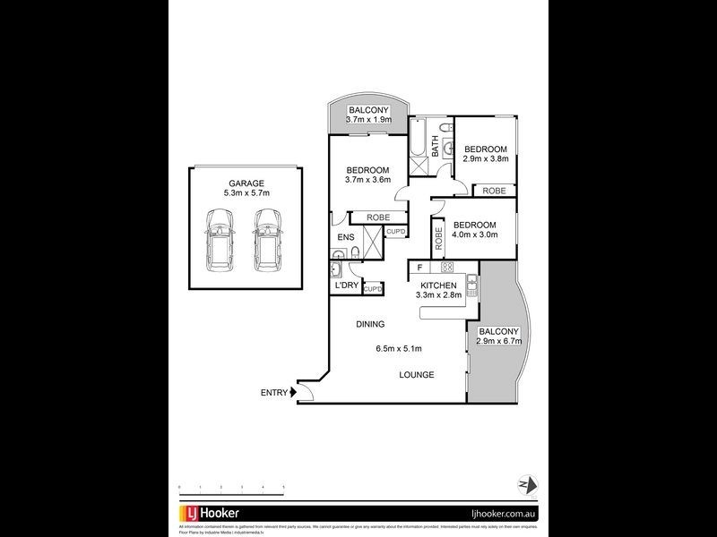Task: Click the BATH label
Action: click(436, 145)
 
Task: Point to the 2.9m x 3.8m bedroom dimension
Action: click(486, 159)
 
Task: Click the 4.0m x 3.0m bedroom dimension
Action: click(474, 235)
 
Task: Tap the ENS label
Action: click(344, 237)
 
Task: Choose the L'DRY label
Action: click(347, 286)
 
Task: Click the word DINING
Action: click(369, 324)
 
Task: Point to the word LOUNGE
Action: click(417, 375)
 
